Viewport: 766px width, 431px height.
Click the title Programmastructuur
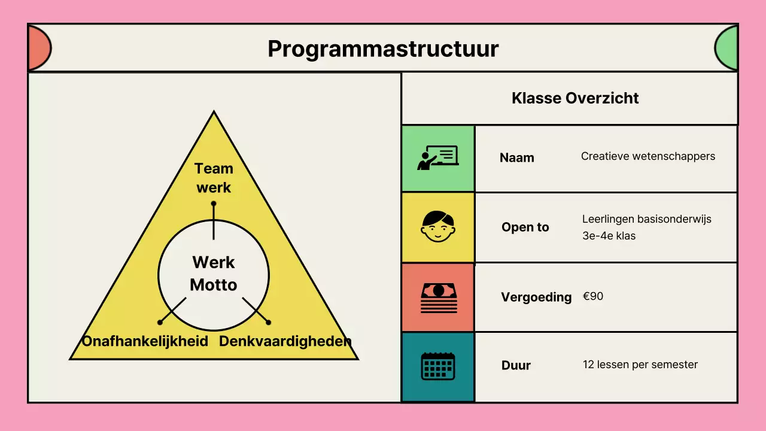click(x=383, y=48)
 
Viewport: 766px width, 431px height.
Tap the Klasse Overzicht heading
click(x=575, y=98)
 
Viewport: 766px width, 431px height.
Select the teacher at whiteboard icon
click(x=437, y=158)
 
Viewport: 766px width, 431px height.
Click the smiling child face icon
click(x=437, y=227)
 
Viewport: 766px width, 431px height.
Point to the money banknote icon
click(x=437, y=297)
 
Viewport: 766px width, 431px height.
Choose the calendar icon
click(x=437, y=366)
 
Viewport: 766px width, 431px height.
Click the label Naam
click(x=517, y=158)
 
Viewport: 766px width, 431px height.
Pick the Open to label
click(x=525, y=227)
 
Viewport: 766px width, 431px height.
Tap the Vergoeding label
click(x=536, y=297)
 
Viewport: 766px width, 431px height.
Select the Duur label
click(x=516, y=366)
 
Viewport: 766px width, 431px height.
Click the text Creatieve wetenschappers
click(x=648, y=156)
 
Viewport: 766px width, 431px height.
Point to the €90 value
click(x=593, y=296)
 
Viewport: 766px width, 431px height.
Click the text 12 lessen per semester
click(x=640, y=365)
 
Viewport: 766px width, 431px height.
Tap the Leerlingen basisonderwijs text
click(x=647, y=220)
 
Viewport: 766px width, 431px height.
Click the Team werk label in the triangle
click(x=214, y=178)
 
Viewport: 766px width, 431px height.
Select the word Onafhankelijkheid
click(x=145, y=341)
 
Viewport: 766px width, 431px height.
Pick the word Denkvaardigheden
click(x=285, y=341)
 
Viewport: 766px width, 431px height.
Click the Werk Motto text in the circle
click(x=214, y=273)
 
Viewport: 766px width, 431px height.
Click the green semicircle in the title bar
click(x=727, y=48)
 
